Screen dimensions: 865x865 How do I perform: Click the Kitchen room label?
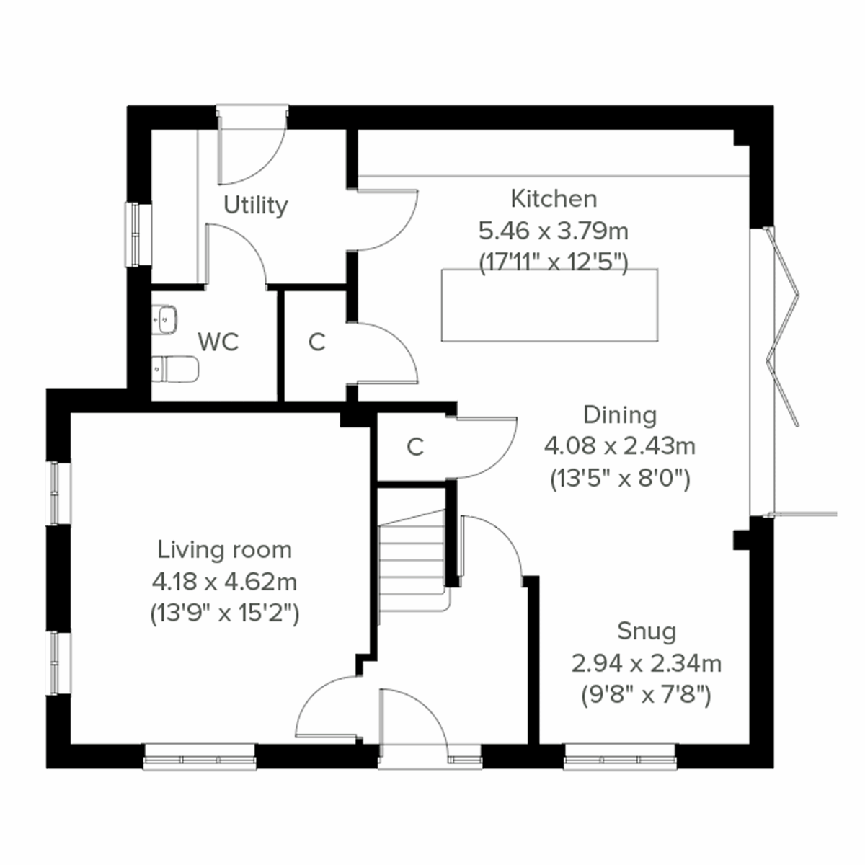pyautogui.click(x=553, y=198)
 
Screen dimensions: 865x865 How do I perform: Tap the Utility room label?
pyautogui.click(x=255, y=205)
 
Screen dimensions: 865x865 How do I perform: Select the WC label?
pyautogui.click(x=218, y=342)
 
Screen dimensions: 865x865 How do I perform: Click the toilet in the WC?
pyautogui.click(x=175, y=370)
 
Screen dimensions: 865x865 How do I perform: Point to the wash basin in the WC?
pyautogui.click(x=165, y=318)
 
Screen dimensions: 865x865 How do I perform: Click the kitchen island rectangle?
pyautogui.click(x=549, y=305)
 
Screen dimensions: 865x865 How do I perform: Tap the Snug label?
pyautogui.click(x=647, y=631)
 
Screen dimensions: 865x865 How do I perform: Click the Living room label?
pyautogui.click(x=224, y=550)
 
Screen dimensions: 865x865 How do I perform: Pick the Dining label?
pyautogui.click(x=620, y=415)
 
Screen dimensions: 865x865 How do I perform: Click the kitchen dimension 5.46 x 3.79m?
pyautogui.click(x=553, y=231)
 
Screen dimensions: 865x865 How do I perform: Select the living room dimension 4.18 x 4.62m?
pyautogui.click(x=224, y=581)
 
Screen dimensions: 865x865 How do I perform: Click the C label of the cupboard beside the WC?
pyautogui.click(x=316, y=342)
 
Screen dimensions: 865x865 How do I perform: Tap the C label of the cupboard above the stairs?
pyautogui.click(x=414, y=447)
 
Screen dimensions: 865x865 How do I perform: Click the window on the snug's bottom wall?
pyautogui.click(x=620, y=758)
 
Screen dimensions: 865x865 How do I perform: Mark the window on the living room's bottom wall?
pyautogui.click(x=200, y=758)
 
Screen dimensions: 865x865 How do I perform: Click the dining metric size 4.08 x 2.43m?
pyautogui.click(x=620, y=447)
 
